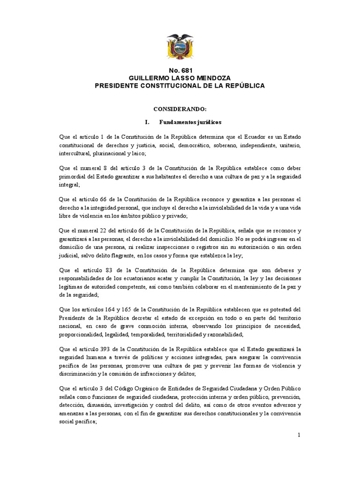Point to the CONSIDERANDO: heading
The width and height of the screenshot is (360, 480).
coord(180,109)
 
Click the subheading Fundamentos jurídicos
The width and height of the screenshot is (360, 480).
coord(190,122)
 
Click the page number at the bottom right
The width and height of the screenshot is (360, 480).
coord(299,435)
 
